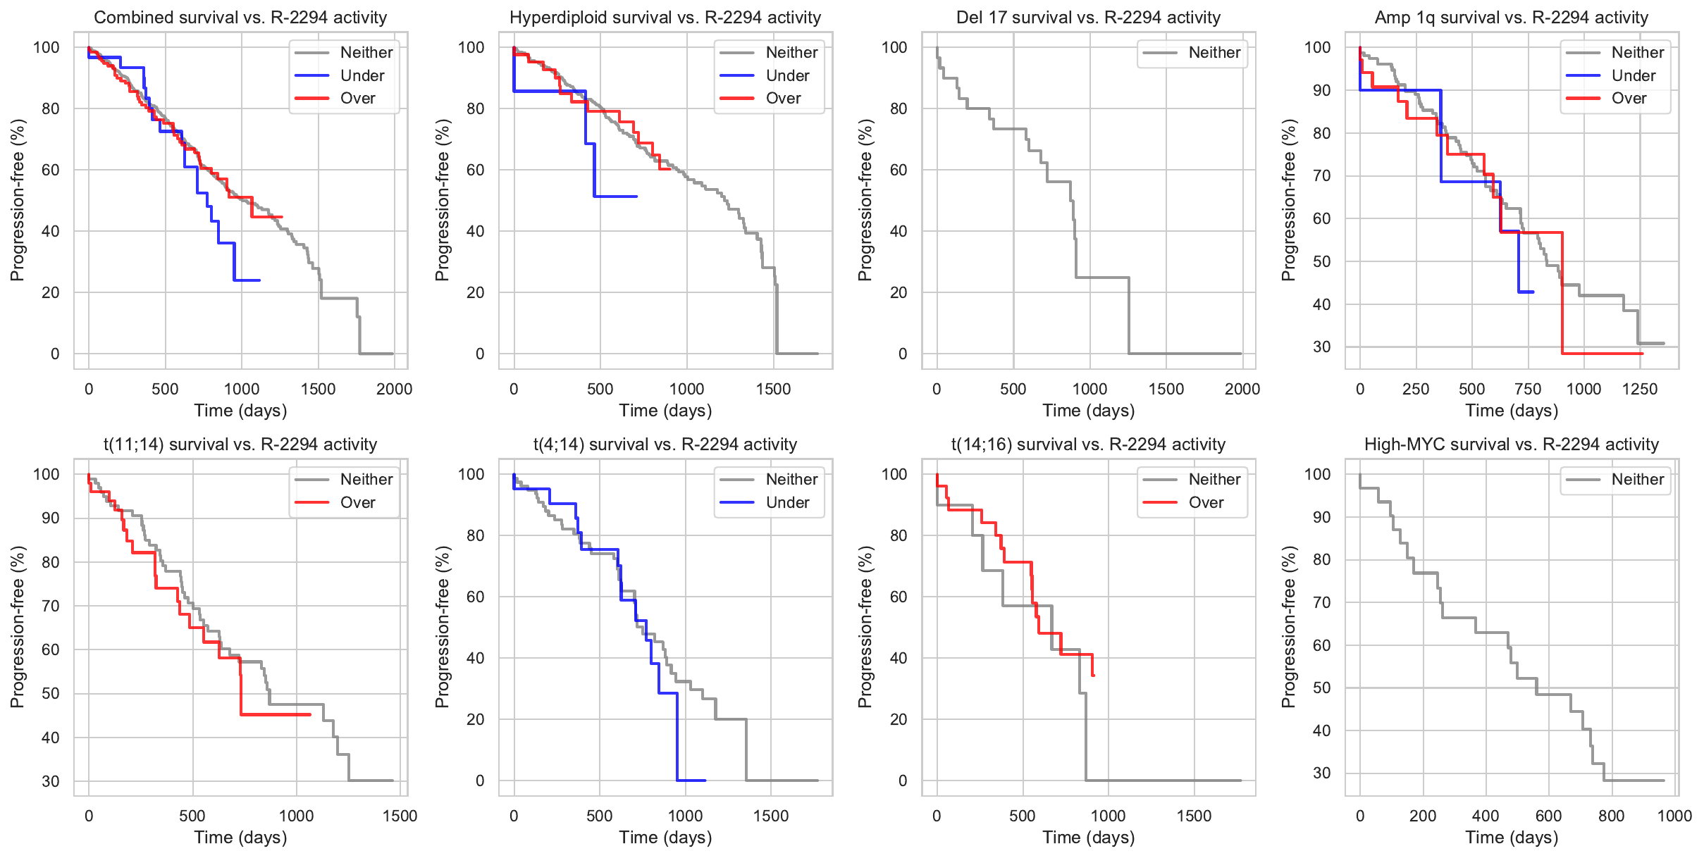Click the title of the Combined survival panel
[x=240, y=18]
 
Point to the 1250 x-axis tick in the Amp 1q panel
[x=1639, y=389]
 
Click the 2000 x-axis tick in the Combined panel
[x=394, y=389]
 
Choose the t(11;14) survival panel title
[x=240, y=444]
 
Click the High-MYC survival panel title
[x=1512, y=444]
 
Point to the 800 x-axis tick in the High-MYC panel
[x=1612, y=816]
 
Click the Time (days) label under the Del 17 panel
[x=1089, y=411]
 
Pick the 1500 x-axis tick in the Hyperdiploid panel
[x=773, y=389]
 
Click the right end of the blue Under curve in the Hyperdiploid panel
[x=636, y=197]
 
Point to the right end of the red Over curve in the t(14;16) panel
[x=1093, y=676]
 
